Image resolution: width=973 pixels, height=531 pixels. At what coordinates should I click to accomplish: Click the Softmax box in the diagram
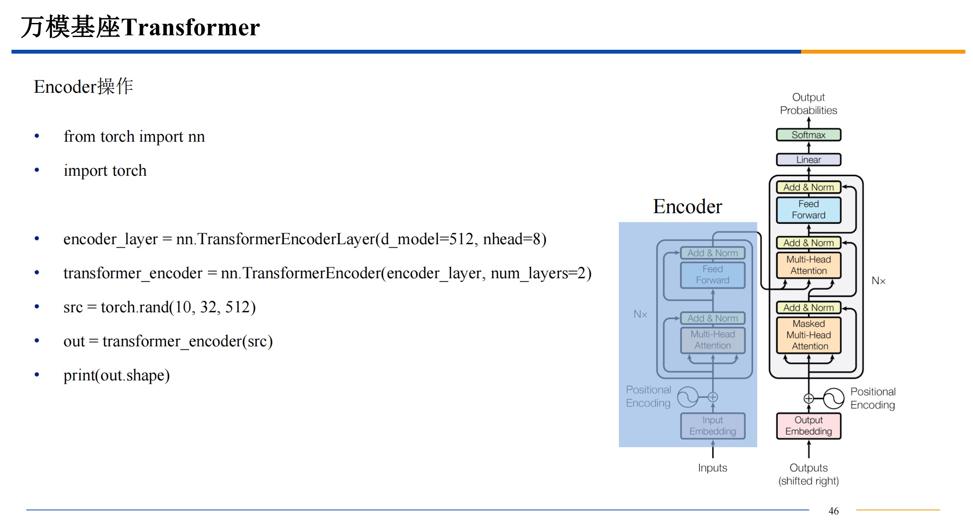click(x=808, y=135)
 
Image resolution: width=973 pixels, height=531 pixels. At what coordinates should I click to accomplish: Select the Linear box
click(x=808, y=160)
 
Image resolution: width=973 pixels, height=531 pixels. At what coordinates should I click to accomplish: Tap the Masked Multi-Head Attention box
click(x=808, y=335)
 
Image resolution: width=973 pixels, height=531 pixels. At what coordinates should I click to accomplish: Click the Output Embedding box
click(x=808, y=425)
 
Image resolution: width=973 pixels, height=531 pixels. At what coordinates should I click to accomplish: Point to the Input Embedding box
click(x=713, y=425)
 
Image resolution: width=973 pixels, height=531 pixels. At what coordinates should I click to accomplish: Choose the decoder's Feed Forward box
click(x=808, y=210)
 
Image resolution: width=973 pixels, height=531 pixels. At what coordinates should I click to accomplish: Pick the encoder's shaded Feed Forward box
click(x=713, y=275)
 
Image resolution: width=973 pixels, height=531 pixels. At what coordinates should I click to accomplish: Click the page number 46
click(x=833, y=511)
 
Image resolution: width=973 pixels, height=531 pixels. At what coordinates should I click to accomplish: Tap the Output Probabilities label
click(x=808, y=104)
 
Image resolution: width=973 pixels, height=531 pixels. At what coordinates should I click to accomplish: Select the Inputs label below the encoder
click(x=713, y=468)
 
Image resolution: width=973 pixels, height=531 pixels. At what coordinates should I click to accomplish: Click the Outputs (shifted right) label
click(x=808, y=474)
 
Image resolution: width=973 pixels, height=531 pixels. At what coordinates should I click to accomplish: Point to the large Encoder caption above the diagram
click(x=687, y=207)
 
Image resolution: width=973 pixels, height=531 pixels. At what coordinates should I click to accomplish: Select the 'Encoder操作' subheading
click(x=83, y=87)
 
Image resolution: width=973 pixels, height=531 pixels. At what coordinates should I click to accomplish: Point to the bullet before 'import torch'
click(x=37, y=171)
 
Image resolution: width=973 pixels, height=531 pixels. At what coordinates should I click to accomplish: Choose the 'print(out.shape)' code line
click(x=116, y=375)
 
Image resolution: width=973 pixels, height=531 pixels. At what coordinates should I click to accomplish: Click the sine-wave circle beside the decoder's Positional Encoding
click(x=833, y=399)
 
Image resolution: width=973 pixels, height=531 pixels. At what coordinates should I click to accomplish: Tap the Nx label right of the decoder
click(x=878, y=281)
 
